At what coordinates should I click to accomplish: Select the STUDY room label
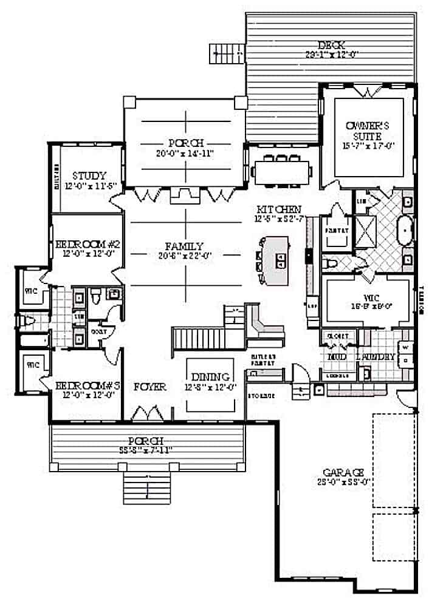click(x=89, y=176)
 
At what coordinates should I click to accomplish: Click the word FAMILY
click(x=184, y=246)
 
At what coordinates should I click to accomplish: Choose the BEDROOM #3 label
click(x=89, y=385)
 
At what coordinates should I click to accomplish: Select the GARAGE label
click(x=343, y=472)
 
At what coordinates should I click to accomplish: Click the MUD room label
click(x=337, y=358)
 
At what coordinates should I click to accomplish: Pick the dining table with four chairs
click(x=282, y=170)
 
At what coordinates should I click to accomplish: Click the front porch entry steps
click(x=146, y=486)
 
